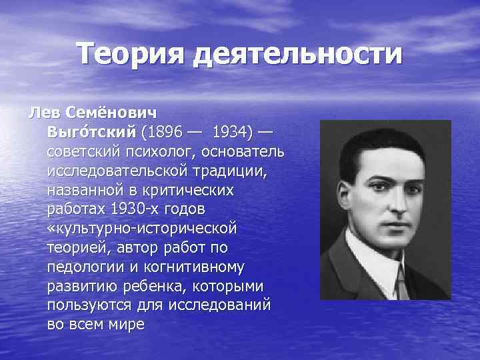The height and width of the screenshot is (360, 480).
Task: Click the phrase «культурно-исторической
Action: coord(142,229)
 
